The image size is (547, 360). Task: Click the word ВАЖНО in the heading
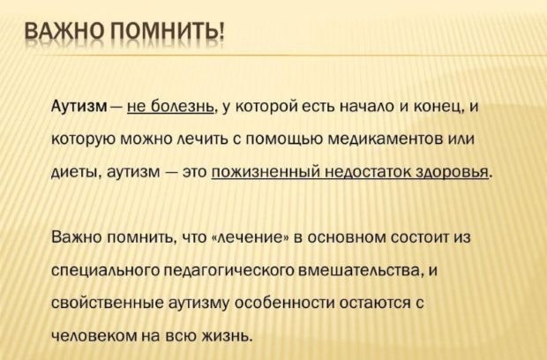(64, 34)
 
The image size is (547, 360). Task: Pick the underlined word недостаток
(367, 172)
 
